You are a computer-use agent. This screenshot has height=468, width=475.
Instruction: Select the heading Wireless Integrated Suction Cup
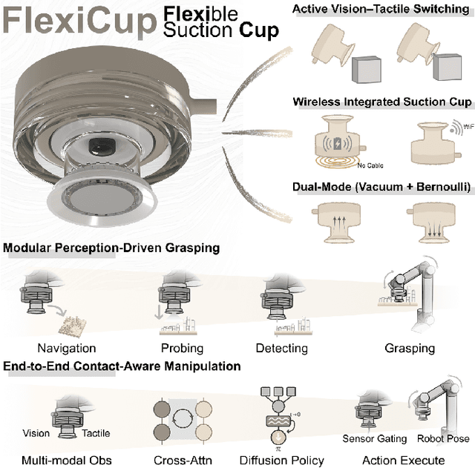pyautogui.click(x=381, y=102)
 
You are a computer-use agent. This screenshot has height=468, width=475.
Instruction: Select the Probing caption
pyautogui.click(x=182, y=348)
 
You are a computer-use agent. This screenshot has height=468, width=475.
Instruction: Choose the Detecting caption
pyautogui.click(x=281, y=348)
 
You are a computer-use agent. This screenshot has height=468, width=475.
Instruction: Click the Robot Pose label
pyautogui.click(x=443, y=439)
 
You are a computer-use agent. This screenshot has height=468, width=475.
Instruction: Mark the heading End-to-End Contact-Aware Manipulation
pyautogui.click(x=122, y=366)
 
